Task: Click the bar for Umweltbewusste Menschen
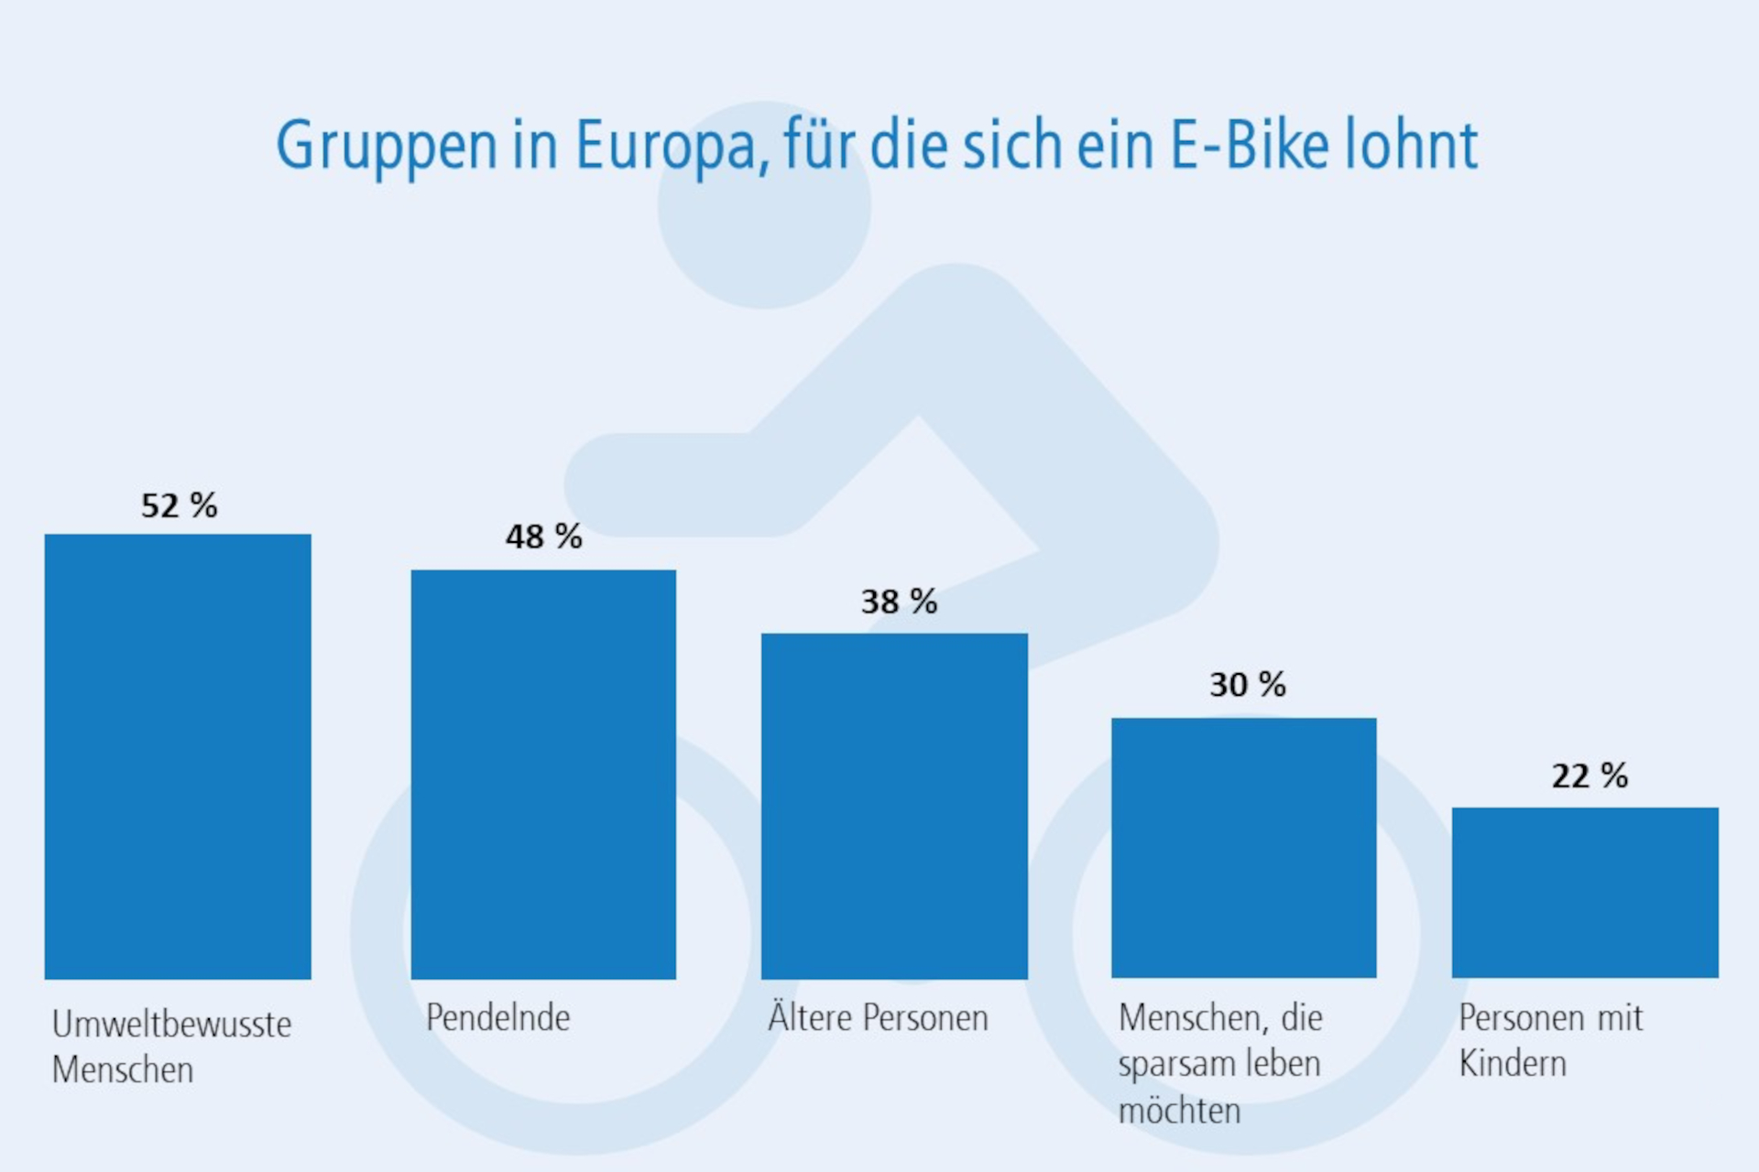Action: click(x=178, y=756)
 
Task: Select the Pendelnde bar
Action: click(x=543, y=775)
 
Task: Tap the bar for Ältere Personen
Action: click(x=894, y=806)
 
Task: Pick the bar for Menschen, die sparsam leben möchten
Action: click(x=1243, y=848)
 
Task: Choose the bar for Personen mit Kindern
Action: click(x=1585, y=893)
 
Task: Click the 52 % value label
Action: click(x=179, y=505)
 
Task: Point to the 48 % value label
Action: click(x=543, y=537)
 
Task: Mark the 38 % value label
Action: click(x=899, y=602)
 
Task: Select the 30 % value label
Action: click(x=1247, y=684)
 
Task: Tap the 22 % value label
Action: click(x=1590, y=776)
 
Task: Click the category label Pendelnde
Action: click(x=497, y=1018)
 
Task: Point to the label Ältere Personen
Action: click(x=878, y=1018)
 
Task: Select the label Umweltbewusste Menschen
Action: click(x=171, y=1047)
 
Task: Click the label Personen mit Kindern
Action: click(x=1550, y=1040)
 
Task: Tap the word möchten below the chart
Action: click(x=1179, y=1111)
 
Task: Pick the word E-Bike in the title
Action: click(x=1250, y=145)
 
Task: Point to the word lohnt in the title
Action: click(x=1411, y=145)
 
